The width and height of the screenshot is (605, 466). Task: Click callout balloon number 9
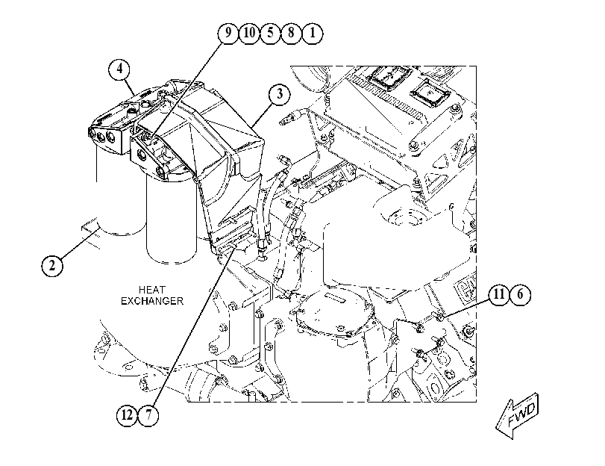228,33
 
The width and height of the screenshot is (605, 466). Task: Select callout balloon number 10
249,33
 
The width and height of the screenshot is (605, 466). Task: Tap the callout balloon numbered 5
270,33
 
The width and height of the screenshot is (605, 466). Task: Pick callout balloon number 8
291,33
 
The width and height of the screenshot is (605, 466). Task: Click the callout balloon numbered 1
312,33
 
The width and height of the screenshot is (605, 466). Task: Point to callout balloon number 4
119,69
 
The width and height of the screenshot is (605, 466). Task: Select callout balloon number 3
279,94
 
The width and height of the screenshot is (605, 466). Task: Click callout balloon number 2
52,265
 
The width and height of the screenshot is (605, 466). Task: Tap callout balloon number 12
128,415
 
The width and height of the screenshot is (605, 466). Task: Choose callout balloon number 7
148,415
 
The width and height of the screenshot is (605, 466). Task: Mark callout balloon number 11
499,294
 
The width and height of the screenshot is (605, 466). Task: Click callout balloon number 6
520,294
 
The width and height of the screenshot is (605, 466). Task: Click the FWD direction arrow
517,415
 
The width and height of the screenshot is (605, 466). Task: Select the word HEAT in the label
152,290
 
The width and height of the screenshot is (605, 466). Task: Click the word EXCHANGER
152,301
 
